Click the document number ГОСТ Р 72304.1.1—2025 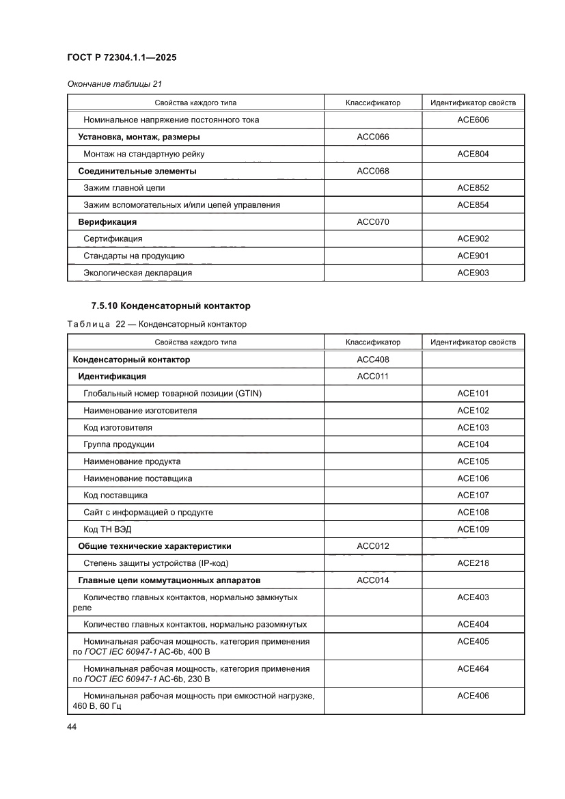click(x=122, y=58)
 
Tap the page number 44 click(x=72, y=727)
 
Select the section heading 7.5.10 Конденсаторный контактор click(x=171, y=306)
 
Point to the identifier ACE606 click(x=473, y=120)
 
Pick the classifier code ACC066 click(x=373, y=137)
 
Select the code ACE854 click(x=473, y=204)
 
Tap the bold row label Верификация click(x=107, y=221)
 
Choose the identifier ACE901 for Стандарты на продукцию click(x=473, y=256)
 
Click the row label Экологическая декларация click(x=137, y=273)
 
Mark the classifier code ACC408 click(x=373, y=359)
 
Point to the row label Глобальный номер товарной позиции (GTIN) click(x=172, y=393)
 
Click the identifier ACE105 click(x=473, y=461)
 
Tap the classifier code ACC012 click(x=373, y=546)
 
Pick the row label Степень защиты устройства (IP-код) click(x=155, y=563)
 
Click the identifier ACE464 click(x=473, y=668)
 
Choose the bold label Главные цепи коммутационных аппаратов click(x=169, y=580)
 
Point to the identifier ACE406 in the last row click(x=473, y=696)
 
